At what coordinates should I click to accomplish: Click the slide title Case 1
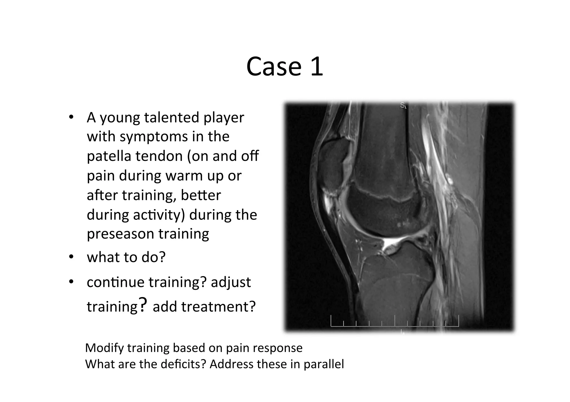coord(284,67)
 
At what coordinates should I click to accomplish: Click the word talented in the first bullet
coord(171,118)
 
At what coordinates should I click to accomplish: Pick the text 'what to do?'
coord(126,257)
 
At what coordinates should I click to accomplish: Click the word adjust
coord(231,282)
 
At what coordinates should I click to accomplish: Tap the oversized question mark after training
coord(142,304)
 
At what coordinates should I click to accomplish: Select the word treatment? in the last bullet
coord(218,307)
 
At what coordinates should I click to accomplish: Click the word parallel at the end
coord(324,364)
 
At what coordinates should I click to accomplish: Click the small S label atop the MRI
coord(403,105)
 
